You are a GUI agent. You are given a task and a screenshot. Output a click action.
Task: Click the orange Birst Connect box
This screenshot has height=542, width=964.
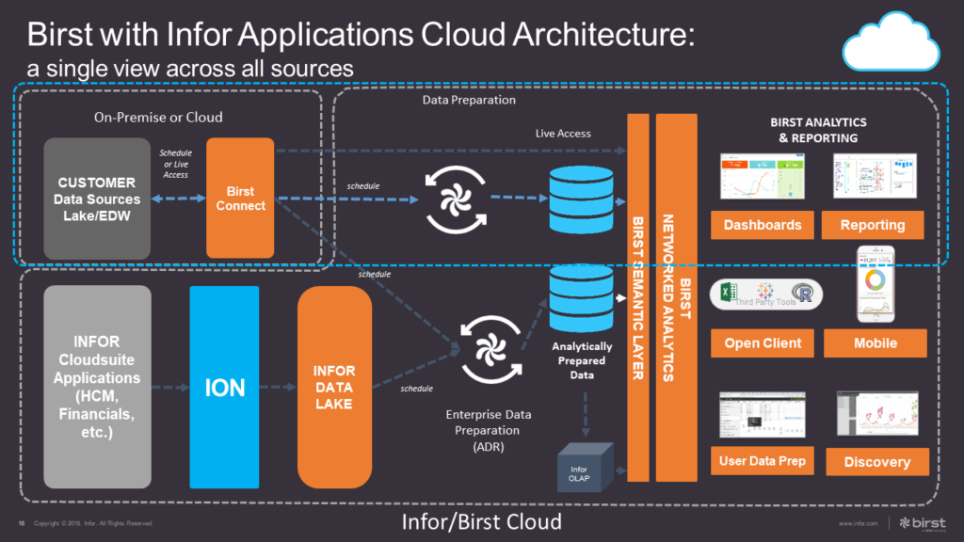pyautogui.click(x=240, y=198)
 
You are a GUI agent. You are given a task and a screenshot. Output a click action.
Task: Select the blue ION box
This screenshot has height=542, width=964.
pyautogui.click(x=224, y=387)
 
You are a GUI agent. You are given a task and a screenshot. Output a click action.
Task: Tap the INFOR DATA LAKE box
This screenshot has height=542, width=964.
pyautogui.click(x=334, y=387)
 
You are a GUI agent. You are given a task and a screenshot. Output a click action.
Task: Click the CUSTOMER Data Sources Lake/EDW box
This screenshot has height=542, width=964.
pyautogui.click(x=97, y=198)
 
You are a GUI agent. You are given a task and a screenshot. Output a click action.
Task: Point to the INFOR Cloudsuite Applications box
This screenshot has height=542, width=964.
pyautogui.click(x=97, y=387)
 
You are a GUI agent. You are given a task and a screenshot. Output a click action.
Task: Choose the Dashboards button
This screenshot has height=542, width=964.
pyautogui.click(x=763, y=225)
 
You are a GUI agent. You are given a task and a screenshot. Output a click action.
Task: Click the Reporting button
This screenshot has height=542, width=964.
pyautogui.click(x=873, y=225)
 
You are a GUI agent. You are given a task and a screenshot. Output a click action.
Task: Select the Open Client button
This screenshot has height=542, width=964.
pyautogui.click(x=763, y=343)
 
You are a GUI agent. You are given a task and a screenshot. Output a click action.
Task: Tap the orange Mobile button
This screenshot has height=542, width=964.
pyautogui.click(x=875, y=343)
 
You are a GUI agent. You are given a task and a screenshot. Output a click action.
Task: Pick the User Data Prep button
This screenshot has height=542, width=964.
pyautogui.click(x=763, y=461)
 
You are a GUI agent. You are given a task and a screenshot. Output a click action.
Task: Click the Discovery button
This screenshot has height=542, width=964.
pyautogui.click(x=876, y=462)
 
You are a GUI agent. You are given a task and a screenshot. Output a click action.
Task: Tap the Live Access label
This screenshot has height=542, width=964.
pyautogui.click(x=563, y=134)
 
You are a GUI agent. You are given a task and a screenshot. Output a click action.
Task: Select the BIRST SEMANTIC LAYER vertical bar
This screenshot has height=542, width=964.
pyautogui.click(x=638, y=296)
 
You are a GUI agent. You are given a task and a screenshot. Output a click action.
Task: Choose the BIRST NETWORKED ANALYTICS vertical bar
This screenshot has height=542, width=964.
pyautogui.click(x=677, y=296)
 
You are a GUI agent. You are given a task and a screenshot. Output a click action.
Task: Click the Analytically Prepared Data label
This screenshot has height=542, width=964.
pyautogui.click(x=581, y=360)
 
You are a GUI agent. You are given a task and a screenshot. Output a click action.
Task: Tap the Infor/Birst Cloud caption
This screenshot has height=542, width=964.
pyautogui.click(x=481, y=521)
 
